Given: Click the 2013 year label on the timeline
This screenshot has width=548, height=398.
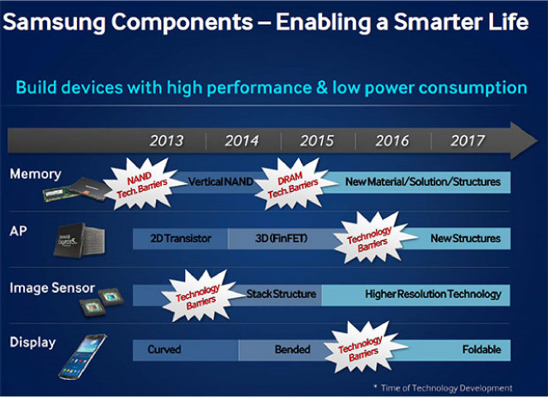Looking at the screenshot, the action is [166, 141].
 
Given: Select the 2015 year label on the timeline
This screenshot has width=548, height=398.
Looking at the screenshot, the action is [317, 141].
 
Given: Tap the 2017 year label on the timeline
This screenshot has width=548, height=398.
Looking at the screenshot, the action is [468, 141].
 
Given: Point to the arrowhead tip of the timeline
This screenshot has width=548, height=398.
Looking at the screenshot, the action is [537, 141].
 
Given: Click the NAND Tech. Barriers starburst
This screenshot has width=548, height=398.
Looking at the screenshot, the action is [142, 184].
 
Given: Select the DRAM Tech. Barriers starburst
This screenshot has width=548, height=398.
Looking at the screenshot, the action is [293, 184].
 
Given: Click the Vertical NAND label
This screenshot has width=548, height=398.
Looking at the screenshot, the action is [221, 181].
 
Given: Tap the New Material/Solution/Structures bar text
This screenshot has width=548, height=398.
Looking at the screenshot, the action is [423, 181].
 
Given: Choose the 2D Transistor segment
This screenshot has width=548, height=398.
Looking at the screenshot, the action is [181, 238].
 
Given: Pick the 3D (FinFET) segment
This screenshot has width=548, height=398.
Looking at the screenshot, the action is [281, 238].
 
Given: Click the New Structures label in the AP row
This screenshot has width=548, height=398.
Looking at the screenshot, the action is [466, 238].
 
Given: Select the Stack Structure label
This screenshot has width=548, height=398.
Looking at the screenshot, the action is [281, 294].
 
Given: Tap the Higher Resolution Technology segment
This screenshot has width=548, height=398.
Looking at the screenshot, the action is [416, 294].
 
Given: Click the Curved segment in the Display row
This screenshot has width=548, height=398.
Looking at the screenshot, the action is [186, 350].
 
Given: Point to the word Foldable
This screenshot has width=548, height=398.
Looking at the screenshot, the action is [481, 349].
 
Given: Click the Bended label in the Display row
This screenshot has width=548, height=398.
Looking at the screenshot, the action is [293, 349].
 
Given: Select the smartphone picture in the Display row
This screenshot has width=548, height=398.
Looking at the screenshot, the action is [82, 357].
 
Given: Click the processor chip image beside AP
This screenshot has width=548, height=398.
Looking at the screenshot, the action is [79, 240].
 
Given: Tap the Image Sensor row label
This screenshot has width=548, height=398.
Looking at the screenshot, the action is [52, 288].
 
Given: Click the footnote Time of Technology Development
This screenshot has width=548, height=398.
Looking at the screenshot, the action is [444, 388].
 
